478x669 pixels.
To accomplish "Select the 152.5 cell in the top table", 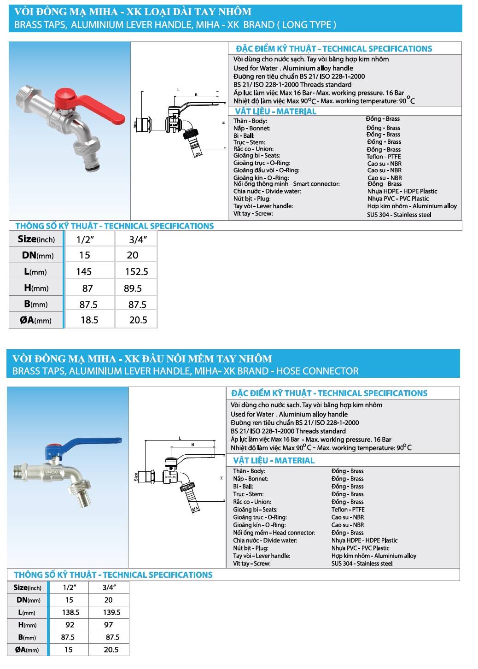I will [x=136, y=272].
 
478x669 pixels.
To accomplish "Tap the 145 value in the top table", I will [x=84, y=272].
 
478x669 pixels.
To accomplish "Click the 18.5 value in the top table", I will [x=89, y=320].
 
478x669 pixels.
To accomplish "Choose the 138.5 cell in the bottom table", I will [x=70, y=612].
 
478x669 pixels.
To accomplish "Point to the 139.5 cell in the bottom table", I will [x=111, y=612].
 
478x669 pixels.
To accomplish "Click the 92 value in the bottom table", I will [x=70, y=625].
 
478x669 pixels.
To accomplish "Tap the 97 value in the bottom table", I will [x=108, y=625].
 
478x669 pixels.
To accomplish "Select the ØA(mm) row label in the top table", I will [x=35, y=320].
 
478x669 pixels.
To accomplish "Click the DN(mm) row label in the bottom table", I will [x=29, y=600].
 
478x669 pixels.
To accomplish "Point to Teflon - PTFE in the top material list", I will [x=384, y=157].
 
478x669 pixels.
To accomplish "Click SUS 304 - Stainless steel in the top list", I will [x=399, y=215].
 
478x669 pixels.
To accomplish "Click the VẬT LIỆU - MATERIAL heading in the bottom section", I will [x=274, y=461].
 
